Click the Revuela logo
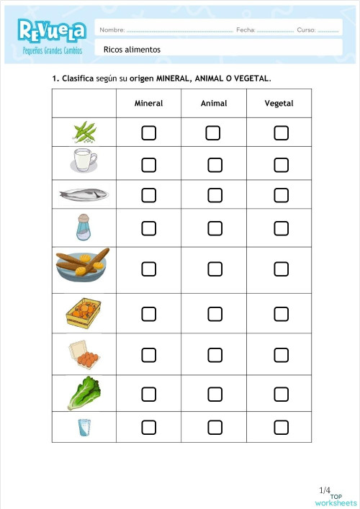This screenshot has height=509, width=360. (53, 30)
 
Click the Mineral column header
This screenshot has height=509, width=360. (148, 104)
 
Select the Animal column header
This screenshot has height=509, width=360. (214, 104)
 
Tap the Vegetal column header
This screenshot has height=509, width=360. (279, 104)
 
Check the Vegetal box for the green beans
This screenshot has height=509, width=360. (281, 133)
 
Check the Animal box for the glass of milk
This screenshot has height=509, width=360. (215, 165)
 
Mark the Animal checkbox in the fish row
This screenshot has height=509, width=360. (215, 195)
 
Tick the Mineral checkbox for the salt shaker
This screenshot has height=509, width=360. (148, 228)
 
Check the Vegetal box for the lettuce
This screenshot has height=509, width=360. (281, 394)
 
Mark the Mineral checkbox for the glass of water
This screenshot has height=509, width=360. (148, 428)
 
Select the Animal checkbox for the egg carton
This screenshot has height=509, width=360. (215, 355)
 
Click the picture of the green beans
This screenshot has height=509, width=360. (84, 132)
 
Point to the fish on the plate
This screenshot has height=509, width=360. (84, 194)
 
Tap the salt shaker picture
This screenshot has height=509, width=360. (84, 228)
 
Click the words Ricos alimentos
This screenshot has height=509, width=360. (132, 50)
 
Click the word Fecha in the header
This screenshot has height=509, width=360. (245, 30)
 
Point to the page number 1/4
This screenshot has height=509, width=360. (324, 490)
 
